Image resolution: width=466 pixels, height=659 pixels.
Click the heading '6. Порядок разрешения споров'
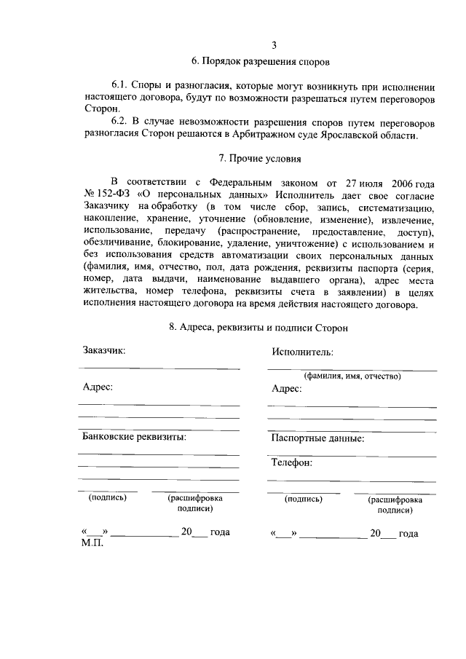tap(260, 62)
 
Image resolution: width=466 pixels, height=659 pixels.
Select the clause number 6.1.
tap(121, 85)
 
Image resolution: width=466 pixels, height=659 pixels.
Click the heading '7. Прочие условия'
tap(260, 158)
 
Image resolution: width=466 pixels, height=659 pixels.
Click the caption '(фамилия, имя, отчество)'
tap(352, 376)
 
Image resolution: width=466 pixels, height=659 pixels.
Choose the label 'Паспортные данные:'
tap(318, 438)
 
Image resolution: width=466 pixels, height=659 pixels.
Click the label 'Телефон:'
tap(292, 462)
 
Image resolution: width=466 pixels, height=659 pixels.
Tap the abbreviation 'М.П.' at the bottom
tap(93, 543)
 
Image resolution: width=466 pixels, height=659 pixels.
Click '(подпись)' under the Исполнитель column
tap(304, 500)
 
